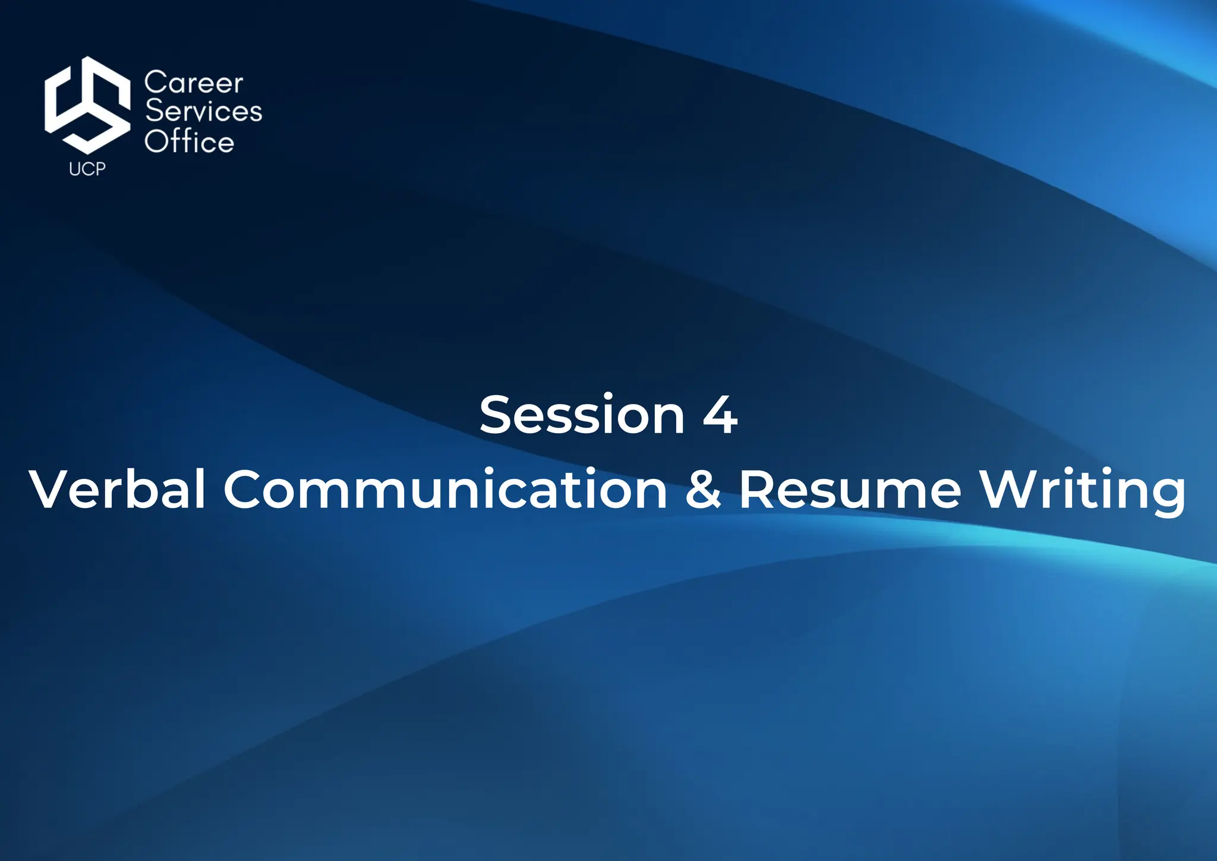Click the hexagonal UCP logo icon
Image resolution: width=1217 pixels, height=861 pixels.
pos(87,105)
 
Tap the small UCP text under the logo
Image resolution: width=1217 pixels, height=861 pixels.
pos(87,169)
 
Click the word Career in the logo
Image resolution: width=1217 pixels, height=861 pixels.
pos(194,83)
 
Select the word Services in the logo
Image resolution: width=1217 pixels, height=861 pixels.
pos(204,112)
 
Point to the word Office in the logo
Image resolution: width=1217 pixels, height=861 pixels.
pos(190,142)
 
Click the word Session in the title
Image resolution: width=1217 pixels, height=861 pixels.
pos(582,415)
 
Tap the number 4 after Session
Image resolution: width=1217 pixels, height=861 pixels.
pos(720,415)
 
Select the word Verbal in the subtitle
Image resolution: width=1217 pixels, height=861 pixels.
pos(118,489)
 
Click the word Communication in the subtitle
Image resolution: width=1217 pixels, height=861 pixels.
pos(446,489)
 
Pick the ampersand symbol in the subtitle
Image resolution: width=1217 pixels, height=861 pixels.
pos(703,489)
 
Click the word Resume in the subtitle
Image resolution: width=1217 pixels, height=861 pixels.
pos(850,489)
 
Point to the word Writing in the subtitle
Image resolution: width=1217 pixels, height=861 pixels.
pos(1082,489)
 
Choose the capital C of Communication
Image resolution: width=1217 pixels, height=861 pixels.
pos(244,489)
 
